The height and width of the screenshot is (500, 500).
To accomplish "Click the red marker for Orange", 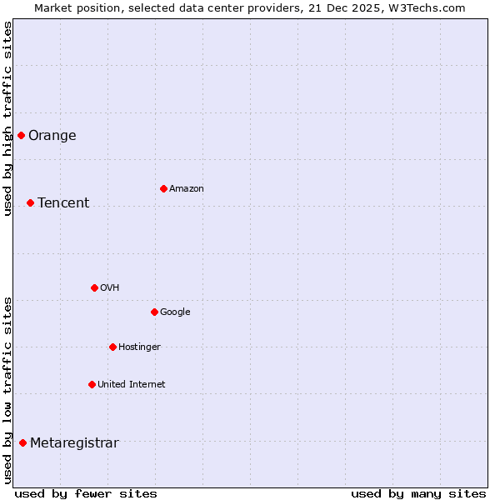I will [21, 135].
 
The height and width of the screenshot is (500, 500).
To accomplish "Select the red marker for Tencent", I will [30, 202].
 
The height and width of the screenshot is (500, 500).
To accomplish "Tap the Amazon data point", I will [163, 188].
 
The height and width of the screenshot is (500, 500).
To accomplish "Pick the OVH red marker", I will [94, 287].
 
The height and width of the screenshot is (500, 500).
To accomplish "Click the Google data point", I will [154, 312].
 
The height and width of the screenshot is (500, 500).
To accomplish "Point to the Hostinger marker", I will [112, 347].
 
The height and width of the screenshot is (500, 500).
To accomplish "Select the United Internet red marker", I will [92, 384].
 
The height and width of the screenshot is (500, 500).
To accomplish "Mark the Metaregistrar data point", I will [22, 442].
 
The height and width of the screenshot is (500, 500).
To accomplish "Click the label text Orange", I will [52, 136].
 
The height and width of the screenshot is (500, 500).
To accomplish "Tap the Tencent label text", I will [63, 203].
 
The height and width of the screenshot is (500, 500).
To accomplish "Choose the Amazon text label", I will [187, 189].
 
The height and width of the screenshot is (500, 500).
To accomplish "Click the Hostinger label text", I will [139, 347].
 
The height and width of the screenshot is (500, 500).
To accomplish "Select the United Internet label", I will [131, 385].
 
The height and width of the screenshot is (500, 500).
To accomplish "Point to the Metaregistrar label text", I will [74, 443].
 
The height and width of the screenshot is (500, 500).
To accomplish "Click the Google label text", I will [175, 312].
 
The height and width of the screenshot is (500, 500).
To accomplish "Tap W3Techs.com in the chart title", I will [426, 8].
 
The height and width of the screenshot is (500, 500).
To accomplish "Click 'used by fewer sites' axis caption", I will [86, 493].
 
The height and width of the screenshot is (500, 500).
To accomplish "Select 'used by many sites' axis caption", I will [418, 493].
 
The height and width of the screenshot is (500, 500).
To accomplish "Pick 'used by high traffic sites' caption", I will [8, 118].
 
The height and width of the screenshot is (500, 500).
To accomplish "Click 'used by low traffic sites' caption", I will [8, 389].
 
